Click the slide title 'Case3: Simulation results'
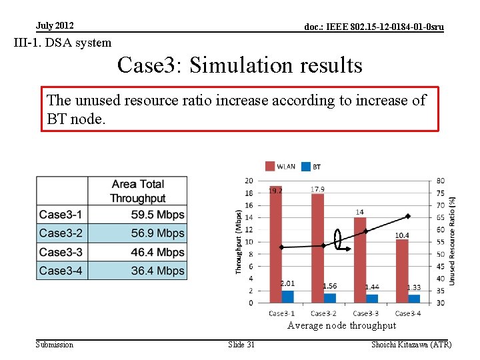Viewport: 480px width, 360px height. tap(239, 65)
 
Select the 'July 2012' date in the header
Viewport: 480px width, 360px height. tap(55, 26)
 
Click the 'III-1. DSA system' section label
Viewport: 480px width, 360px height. tap(63, 43)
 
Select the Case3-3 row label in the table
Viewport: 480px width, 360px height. tap(61, 252)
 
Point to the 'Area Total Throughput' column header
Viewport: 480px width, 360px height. tap(137, 191)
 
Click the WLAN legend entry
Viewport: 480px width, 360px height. tap(280, 166)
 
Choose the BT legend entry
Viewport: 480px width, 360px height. tap(311, 166)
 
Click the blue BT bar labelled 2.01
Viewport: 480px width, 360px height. tap(287, 297)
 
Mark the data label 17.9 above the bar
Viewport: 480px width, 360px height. tap(317, 189)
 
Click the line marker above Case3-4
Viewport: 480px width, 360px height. tap(407, 216)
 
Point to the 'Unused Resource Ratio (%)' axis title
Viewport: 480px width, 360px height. tap(453, 241)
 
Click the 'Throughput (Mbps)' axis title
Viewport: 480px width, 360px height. tap(239, 241)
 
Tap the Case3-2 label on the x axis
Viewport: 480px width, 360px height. tap(323, 313)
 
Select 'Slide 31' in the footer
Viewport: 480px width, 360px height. tap(241, 344)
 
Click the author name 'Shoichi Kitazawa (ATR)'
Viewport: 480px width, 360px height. tap(411, 344)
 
